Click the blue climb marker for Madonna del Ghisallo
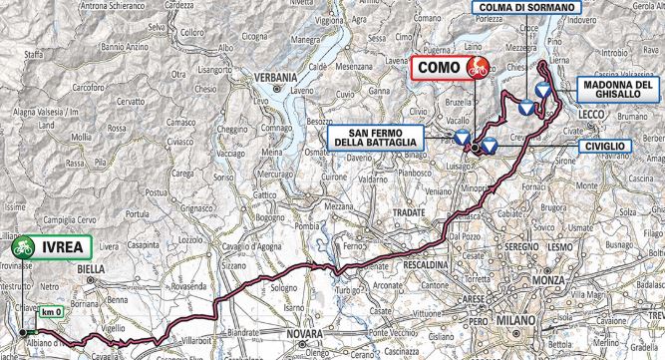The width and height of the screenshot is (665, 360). (542, 91)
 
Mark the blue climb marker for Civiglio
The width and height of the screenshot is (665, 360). (490, 145)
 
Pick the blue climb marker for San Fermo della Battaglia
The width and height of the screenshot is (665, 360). (462, 137)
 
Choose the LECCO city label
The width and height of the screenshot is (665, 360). (596, 116)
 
